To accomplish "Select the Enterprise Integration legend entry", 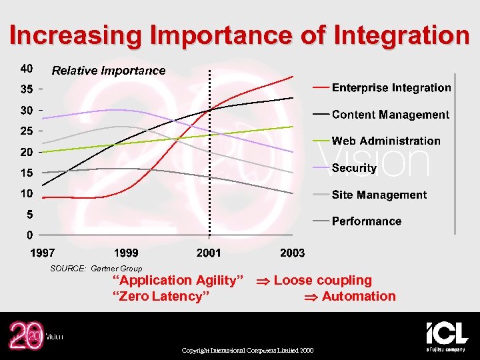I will (x=391, y=87).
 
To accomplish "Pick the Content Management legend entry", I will (x=390, y=115).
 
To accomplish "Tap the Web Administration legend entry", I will (x=385, y=141).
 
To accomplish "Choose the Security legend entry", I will (x=354, y=168).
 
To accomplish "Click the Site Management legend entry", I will (x=379, y=195).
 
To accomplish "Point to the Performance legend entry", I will (x=366, y=221).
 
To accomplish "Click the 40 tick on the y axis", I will (x=27, y=68).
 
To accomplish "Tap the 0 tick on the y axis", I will (x=30, y=235).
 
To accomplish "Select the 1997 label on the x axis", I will (x=43, y=253).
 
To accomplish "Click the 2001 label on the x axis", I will (x=209, y=253).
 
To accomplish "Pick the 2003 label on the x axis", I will (x=292, y=253).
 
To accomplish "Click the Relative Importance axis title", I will (x=109, y=71).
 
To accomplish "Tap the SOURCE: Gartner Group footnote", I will (x=96, y=269).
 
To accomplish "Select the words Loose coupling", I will (x=323, y=281).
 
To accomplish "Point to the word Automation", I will (x=359, y=297).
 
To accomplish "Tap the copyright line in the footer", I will (x=246, y=351).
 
